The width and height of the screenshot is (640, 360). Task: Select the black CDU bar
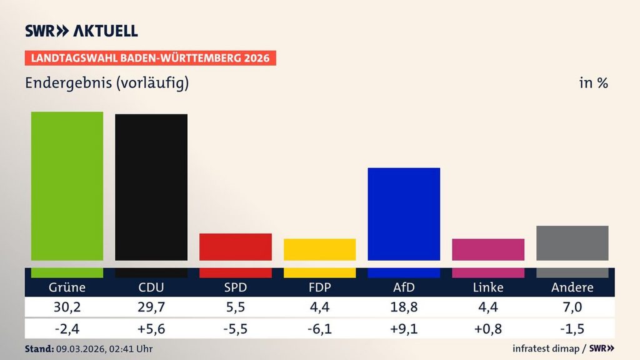[x=151, y=187]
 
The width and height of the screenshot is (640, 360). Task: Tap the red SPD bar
[x=236, y=246]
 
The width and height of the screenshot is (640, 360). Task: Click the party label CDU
[x=151, y=287]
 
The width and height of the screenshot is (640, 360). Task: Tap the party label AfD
[x=404, y=287]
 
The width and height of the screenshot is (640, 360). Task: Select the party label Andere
[x=572, y=287]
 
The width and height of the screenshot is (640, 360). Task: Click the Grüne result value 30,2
[x=67, y=307]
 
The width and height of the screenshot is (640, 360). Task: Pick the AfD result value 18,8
[x=404, y=307]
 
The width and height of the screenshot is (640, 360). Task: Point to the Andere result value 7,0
[x=572, y=307]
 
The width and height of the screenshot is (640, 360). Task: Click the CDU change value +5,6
[x=151, y=327]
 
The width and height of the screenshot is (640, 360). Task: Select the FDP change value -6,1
[x=319, y=327]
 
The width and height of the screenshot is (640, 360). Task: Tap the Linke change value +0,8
[x=488, y=327]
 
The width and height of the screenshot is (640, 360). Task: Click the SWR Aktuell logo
[x=81, y=31]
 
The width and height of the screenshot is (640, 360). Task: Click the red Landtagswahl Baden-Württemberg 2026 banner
[x=151, y=58]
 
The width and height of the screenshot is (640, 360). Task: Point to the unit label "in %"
[x=593, y=82]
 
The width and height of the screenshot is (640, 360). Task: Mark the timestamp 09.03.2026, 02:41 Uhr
[x=104, y=349]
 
